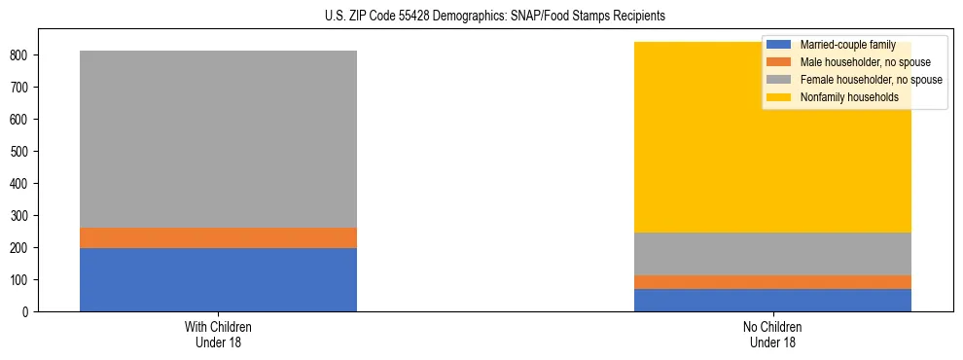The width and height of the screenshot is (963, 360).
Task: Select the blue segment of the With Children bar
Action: click(x=218, y=279)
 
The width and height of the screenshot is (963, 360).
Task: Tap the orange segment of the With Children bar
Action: click(x=218, y=237)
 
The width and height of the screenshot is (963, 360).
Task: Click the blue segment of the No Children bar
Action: click(x=772, y=300)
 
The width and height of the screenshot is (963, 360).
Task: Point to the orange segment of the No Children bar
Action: click(x=772, y=282)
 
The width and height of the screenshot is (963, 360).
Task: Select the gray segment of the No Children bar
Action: click(x=772, y=254)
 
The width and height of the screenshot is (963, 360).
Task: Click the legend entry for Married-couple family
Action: click(x=847, y=45)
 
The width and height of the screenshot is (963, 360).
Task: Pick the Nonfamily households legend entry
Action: click(x=849, y=97)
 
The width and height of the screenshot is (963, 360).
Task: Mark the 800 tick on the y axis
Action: click(x=22, y=55)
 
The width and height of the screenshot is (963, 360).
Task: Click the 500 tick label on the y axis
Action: click(x=22, y=152)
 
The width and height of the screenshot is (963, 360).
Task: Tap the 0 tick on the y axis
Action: click(x=28, y=312)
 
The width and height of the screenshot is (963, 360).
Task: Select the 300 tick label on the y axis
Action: click(x=22, y=216)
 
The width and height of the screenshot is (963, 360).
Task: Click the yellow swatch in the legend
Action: click(x=779, y=97)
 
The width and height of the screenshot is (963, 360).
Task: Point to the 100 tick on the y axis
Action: click(x=22, y=280)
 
